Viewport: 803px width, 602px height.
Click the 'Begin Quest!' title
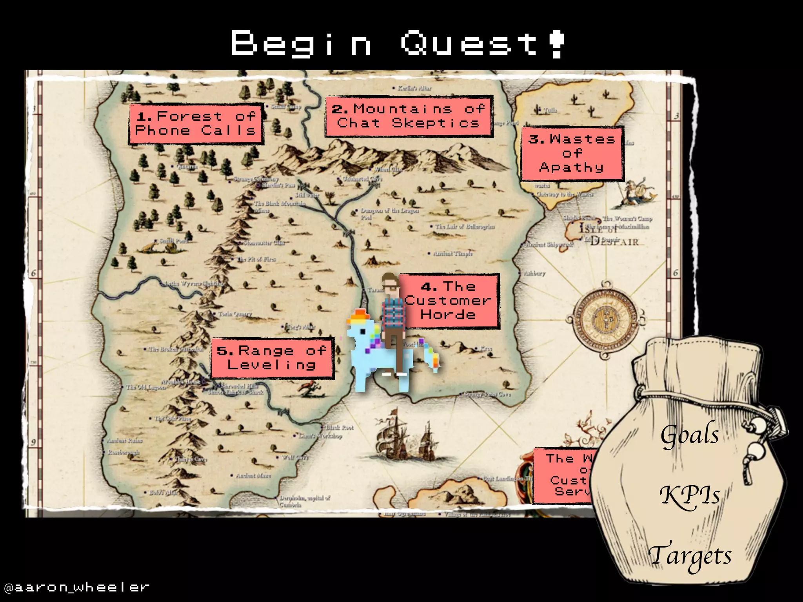398,44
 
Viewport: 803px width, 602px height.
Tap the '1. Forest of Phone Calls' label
196,123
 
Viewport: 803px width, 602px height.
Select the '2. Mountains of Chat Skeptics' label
409,116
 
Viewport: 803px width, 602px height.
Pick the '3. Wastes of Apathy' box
572,153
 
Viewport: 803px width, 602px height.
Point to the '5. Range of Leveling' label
272,357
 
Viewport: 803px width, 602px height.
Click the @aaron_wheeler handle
76,587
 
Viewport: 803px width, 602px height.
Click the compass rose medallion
605,319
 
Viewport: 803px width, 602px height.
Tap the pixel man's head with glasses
390,283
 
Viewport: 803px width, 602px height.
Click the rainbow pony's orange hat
358,316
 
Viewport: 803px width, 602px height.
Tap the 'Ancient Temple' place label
452,254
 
